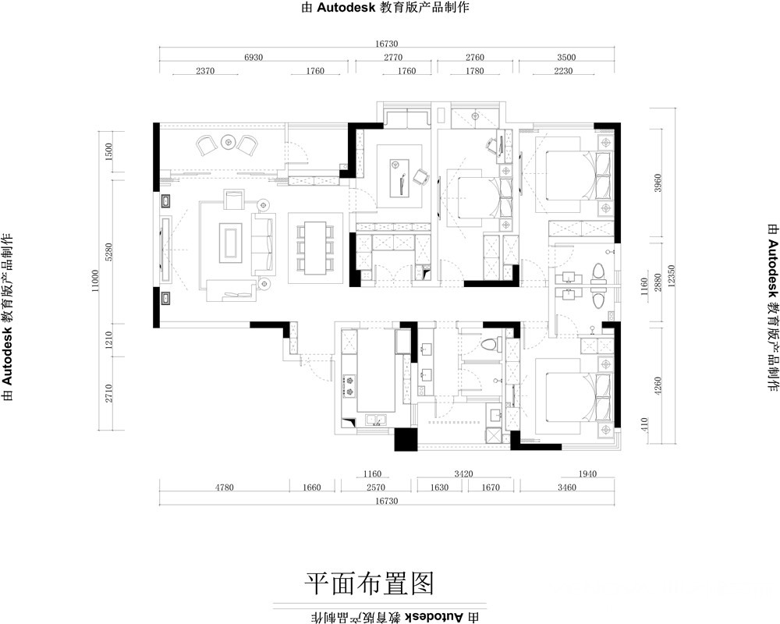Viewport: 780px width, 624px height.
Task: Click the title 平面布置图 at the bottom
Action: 370,583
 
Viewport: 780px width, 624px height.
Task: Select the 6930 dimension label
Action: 253,57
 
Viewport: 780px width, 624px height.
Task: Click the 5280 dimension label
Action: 109,251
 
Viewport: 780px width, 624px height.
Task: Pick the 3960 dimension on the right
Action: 658,183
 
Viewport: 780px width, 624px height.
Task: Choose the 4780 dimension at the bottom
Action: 225,487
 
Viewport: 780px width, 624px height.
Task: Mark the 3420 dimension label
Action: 463,473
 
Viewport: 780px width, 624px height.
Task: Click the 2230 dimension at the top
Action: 563,71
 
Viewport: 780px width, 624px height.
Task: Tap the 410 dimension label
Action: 645,424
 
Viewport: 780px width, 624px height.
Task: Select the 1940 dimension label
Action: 587,473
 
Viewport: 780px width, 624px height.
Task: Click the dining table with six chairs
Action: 315,247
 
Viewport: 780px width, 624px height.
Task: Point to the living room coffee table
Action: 230,242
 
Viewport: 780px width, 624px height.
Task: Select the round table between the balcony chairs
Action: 228,142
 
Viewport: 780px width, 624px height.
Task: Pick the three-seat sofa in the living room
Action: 263,244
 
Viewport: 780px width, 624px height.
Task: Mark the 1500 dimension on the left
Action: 109,151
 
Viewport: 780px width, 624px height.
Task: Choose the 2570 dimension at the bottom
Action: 376,487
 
